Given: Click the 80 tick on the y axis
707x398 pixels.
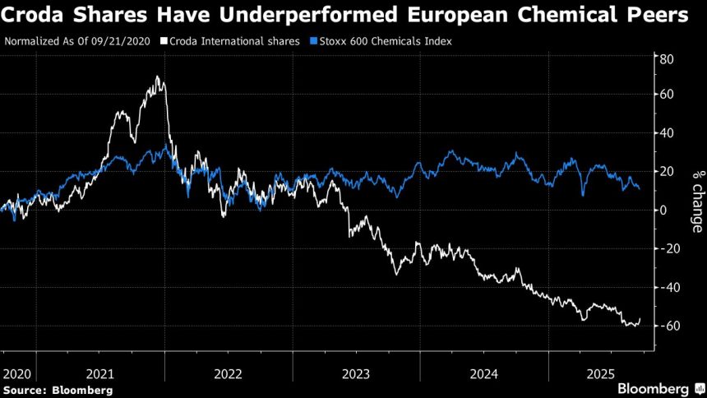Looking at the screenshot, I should coord(666,59).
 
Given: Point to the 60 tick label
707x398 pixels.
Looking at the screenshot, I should coord(666,95).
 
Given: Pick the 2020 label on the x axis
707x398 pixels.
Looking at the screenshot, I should coord(16,373).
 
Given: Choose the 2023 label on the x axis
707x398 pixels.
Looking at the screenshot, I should coord(355,373).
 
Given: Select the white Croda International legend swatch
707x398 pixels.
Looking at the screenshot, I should coord(164,40).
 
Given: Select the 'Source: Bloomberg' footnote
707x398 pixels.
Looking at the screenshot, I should coord(58,389).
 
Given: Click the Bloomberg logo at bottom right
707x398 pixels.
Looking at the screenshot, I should coord(654,388).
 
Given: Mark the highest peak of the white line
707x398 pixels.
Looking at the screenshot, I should coord(156,77).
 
